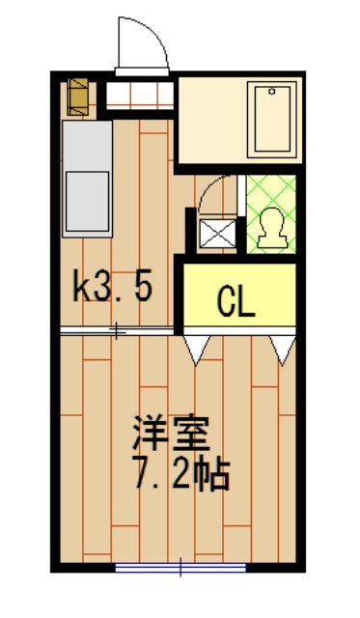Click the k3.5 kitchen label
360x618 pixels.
113,286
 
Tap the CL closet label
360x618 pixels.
236,302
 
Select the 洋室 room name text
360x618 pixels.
171,434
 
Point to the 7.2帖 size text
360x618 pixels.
181,473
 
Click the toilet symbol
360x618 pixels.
272,228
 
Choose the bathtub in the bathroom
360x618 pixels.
272,120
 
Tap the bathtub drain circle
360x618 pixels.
272,92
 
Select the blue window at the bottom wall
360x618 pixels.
180,568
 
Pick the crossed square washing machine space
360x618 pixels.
218,234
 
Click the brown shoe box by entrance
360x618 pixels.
77,97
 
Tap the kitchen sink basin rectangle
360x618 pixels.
87,202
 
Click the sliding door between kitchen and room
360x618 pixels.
117,331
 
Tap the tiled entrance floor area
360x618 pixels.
140,96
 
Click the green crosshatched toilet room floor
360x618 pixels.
272,214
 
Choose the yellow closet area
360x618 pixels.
239,295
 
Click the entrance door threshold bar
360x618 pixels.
142,71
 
